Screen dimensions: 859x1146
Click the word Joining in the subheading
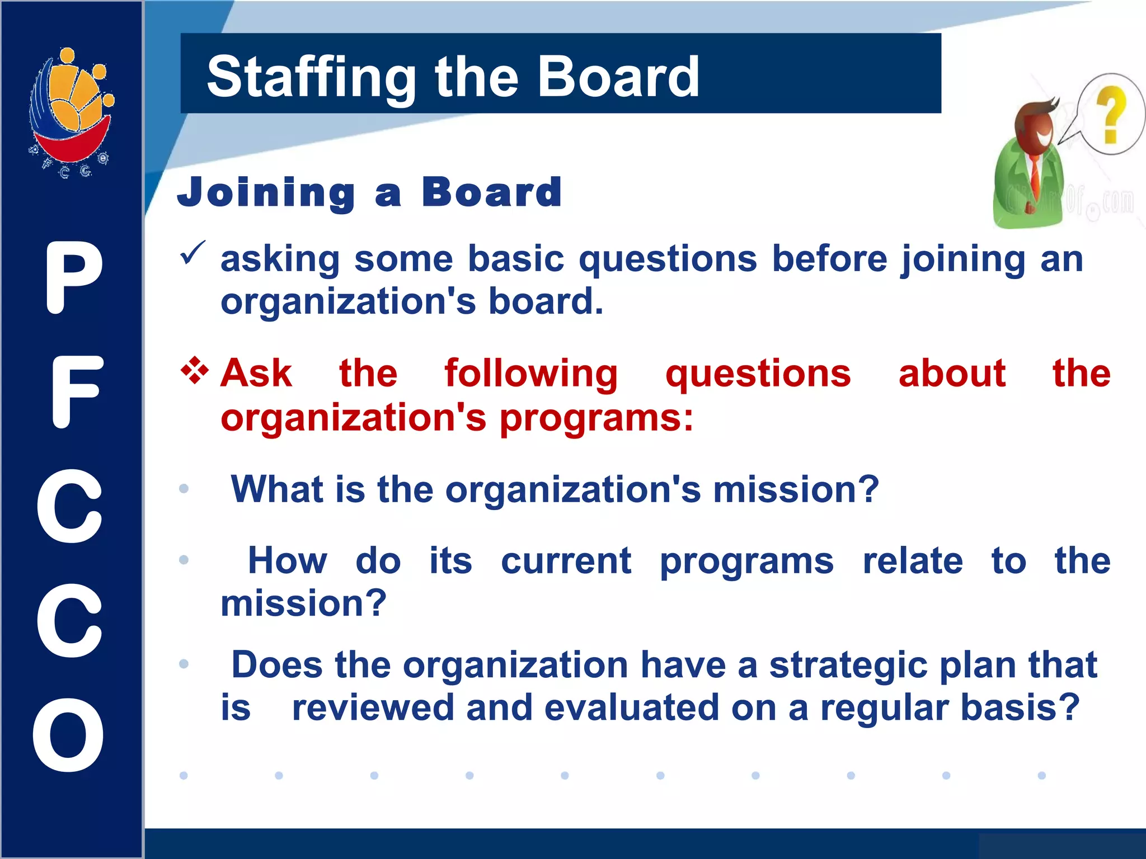(x=266, y=192)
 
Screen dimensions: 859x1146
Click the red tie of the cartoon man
(x=1034, y=173)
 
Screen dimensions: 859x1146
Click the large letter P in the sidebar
(x=73, y=277)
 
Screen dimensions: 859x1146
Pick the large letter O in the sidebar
(x=68, y=735)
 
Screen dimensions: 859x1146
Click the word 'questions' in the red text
(x=758, y=374)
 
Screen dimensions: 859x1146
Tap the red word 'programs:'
(x=596, y=418)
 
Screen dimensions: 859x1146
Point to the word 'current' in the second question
(x=566, y=561)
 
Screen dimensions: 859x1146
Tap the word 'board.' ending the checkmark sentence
(x=546, y=301)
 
